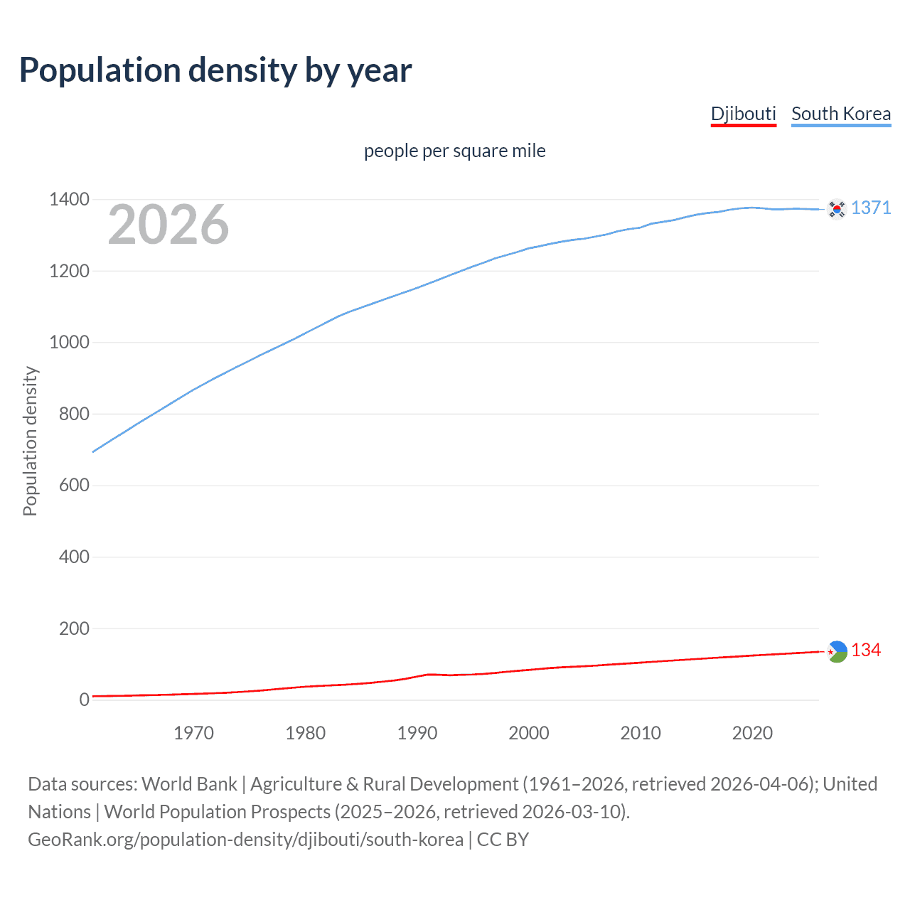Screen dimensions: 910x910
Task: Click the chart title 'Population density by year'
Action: (215, 70)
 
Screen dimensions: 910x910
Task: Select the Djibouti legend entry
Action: (743, 114)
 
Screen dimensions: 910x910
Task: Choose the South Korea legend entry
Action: (840, 114)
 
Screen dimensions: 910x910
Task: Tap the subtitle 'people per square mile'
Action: (454, 151)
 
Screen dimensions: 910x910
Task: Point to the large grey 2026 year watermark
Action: (168, 225)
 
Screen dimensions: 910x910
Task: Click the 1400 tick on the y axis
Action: (69, 199)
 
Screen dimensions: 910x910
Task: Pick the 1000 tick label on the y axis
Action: (69, 342)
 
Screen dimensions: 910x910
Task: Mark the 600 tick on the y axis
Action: (74, 485)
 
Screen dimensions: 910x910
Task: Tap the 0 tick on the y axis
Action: (85, 700)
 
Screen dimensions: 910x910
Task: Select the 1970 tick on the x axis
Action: (193, 733)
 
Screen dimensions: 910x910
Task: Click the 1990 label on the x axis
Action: (417, 733)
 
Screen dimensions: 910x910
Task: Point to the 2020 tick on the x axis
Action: (752, 733)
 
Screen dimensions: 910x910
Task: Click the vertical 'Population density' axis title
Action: (30, 441)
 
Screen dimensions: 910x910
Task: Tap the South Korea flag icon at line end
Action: (837, 208)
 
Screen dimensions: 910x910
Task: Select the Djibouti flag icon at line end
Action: (837, 651)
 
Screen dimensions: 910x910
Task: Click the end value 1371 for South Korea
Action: (871, 208)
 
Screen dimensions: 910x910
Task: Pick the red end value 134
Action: (866, 651)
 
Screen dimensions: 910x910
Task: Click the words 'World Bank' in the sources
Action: (189, 783)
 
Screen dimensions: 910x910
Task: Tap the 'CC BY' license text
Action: (503, 839)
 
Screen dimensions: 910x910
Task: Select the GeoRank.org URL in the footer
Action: (245, 839)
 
